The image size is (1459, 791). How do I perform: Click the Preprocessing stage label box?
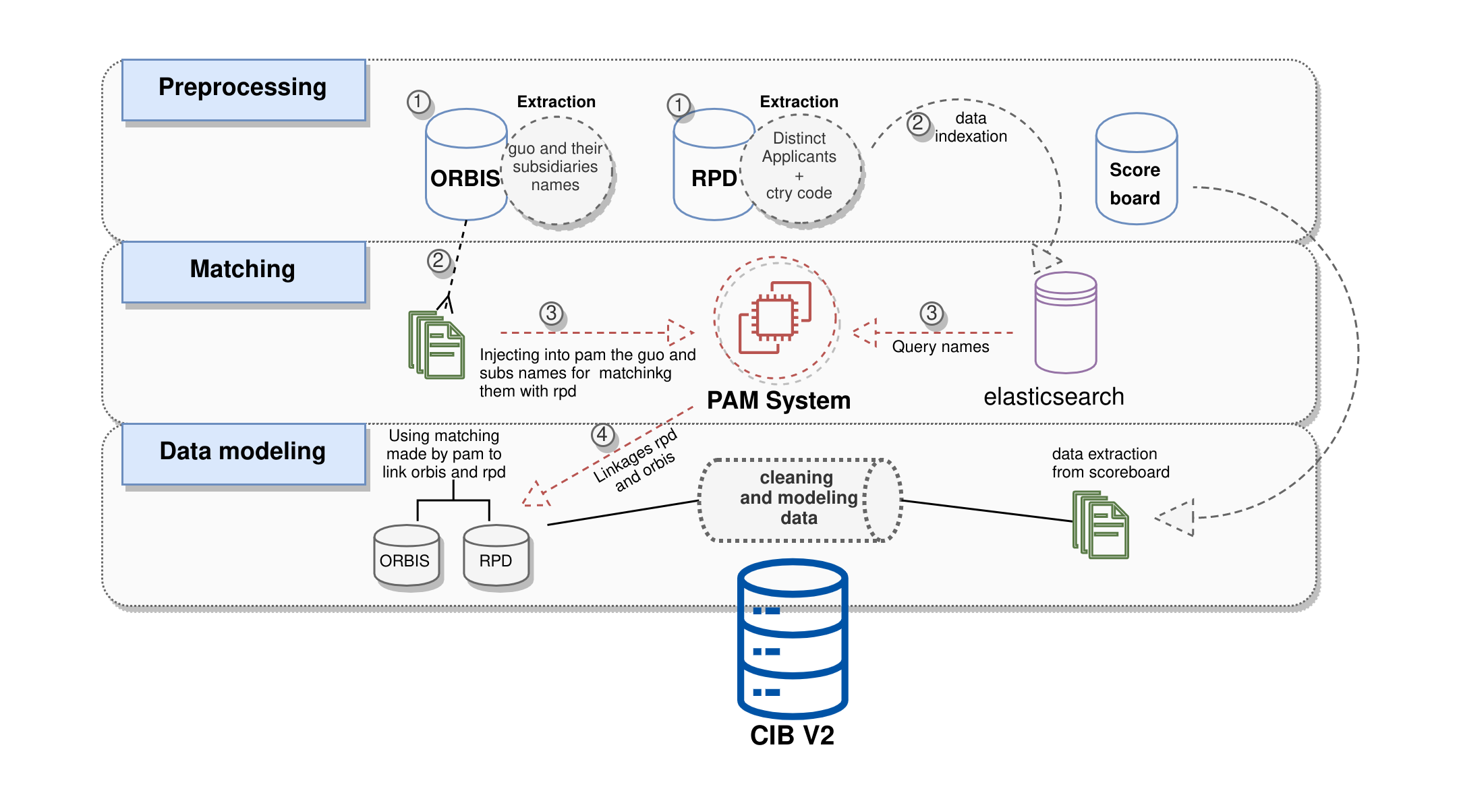244,90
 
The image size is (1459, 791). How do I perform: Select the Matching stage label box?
244,272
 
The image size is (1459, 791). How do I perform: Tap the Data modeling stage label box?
244,453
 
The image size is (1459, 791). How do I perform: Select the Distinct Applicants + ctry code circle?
800,169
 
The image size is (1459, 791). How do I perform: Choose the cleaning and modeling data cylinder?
800,500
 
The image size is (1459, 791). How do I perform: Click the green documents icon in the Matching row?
436,345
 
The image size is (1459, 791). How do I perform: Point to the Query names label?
940,347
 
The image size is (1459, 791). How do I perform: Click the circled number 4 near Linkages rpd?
602,434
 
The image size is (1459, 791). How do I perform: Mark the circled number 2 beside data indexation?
918,123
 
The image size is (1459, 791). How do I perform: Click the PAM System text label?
778,401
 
